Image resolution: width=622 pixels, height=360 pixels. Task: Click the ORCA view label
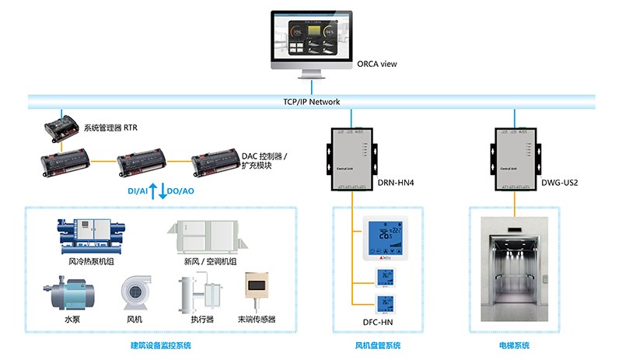(376, 64)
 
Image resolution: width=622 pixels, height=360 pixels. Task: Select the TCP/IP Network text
(311, 102)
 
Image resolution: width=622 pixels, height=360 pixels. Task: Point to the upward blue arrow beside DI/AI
(153, 189)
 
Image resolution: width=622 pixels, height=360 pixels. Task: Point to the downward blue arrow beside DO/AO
(163, 189)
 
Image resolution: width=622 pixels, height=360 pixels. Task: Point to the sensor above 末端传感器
(257, 290)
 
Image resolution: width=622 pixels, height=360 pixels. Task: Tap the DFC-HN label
(378, 320)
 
